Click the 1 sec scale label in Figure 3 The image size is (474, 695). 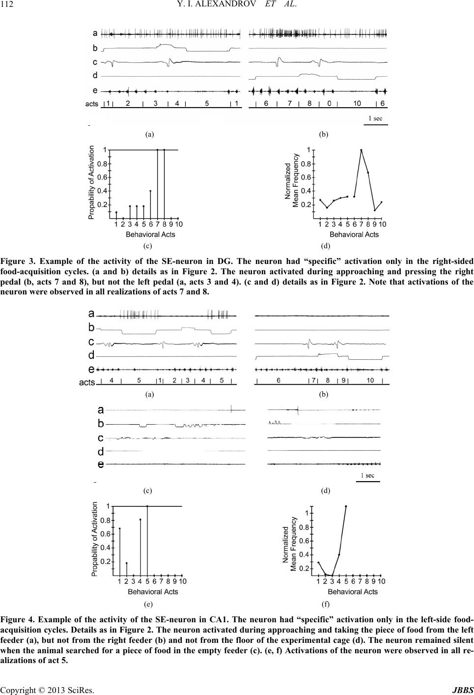click(375, 118)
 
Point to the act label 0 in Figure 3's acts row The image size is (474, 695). click(330, 103)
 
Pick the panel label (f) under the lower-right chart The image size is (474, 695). click(325, 602)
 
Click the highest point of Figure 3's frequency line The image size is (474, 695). click(361, 150)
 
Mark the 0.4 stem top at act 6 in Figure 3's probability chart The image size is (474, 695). click(150, 191)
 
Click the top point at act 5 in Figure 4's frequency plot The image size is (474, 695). click(346, 506)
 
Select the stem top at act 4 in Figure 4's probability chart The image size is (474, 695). click(140, 520)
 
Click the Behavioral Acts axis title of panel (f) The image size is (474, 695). click(353, 591)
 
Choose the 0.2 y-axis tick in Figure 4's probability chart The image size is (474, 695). click(106, 561)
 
